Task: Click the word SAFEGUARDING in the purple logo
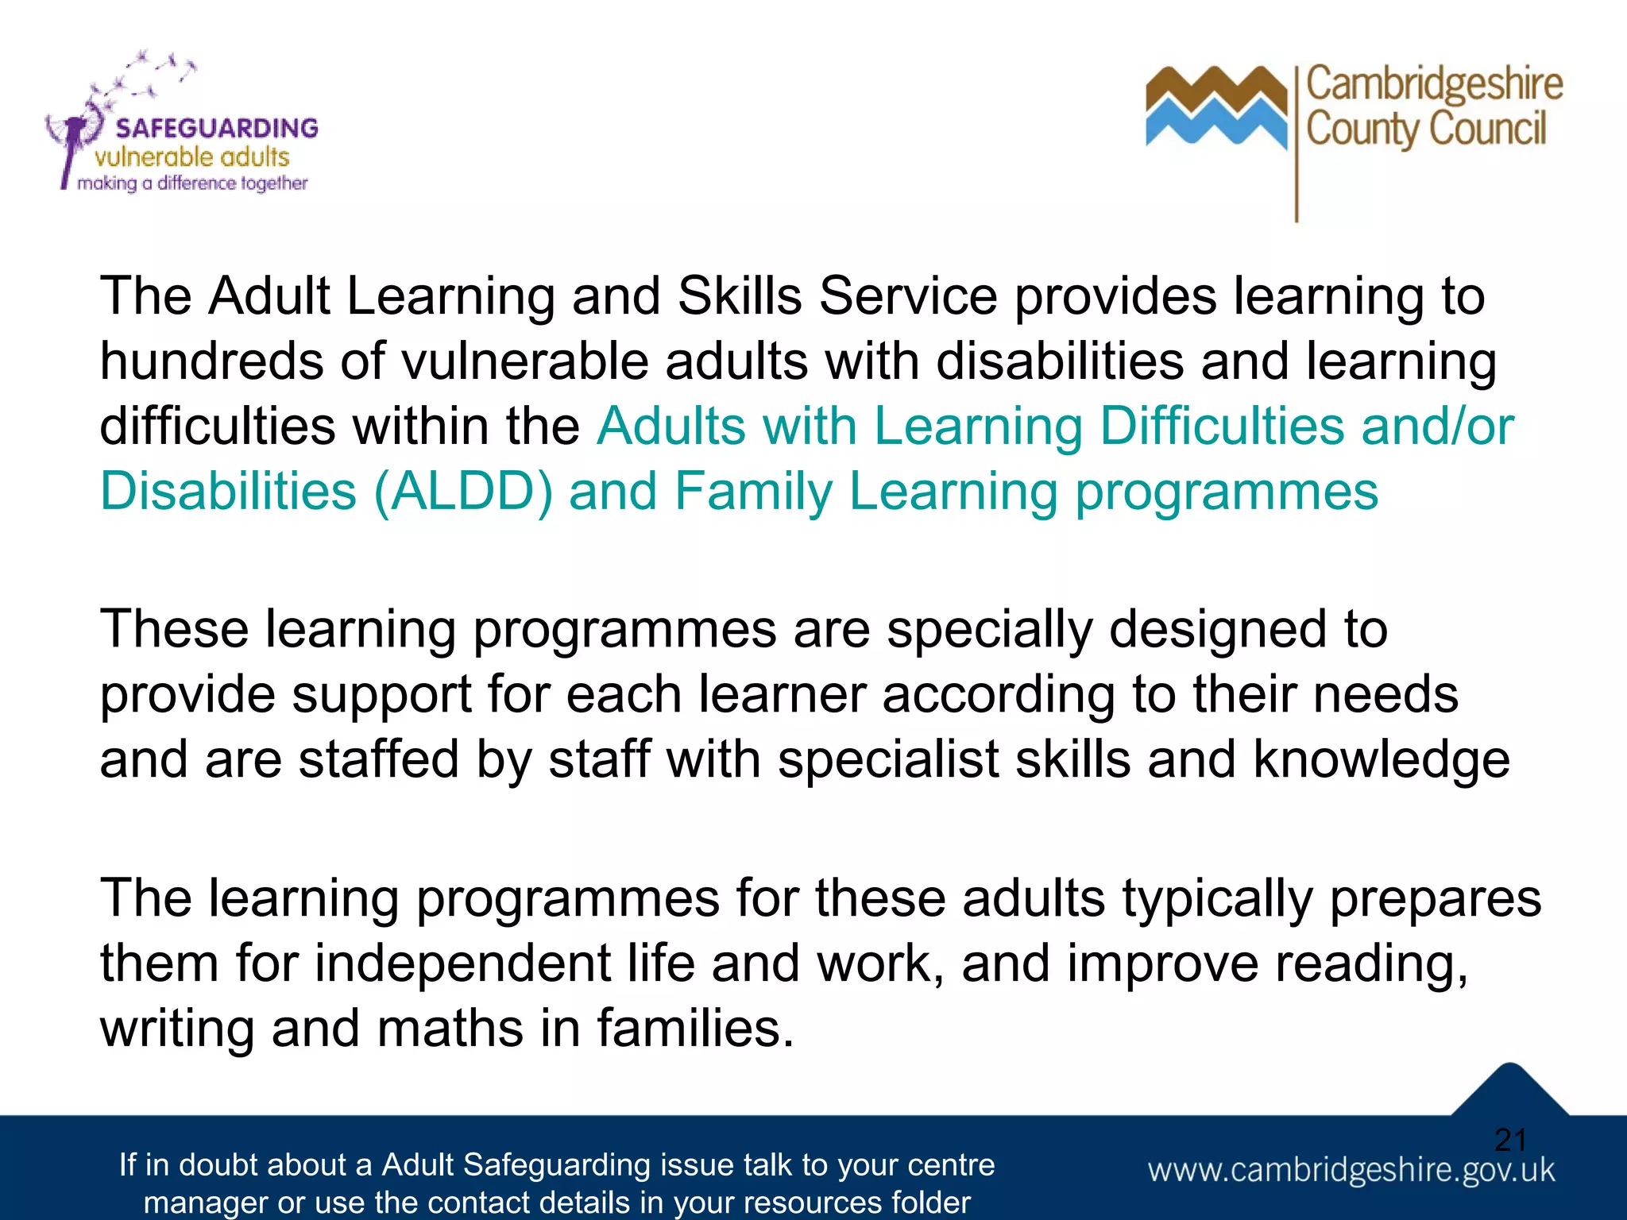[x=216, y=128]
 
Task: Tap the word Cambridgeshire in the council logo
[x=1434, y=84]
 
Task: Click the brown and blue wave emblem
[x=1215, y=107]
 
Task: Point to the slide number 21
[x=1510, y=1141]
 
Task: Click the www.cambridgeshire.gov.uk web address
[x=1351, y=1171]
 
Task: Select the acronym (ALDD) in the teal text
[x=462, y=492]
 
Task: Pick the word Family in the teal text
[x=753, y=492]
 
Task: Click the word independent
[x=462, y=963]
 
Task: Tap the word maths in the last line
[x=450, y=1029]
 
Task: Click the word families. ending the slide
[x=695, y=1029]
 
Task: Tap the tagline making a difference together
[x=192, y=183]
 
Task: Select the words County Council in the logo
[x=1426, y=129]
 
